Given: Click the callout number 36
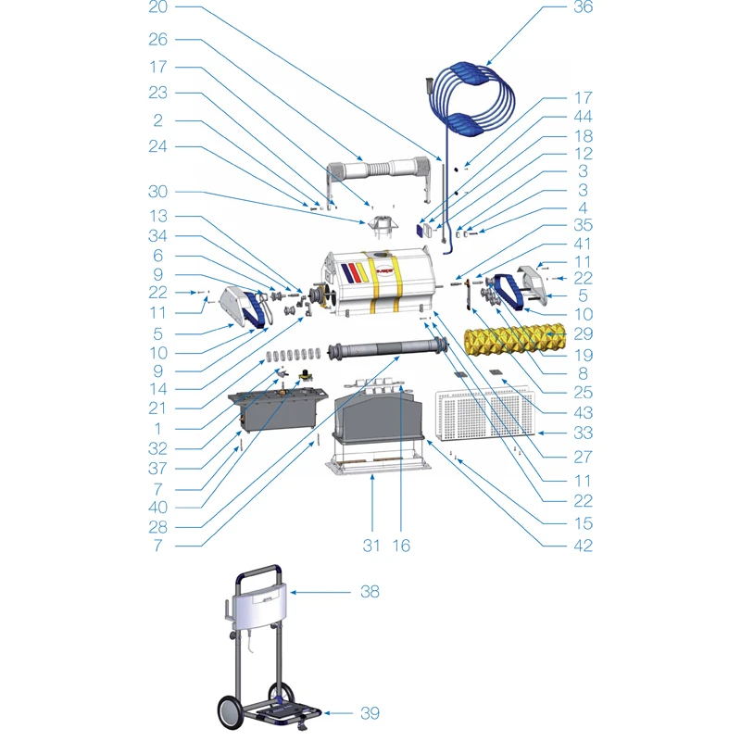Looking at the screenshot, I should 583,7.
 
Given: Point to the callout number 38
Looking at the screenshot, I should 370,591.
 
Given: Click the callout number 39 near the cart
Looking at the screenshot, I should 370,713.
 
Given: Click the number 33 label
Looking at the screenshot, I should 583,433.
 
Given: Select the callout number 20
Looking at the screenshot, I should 157,7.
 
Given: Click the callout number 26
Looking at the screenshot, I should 157,40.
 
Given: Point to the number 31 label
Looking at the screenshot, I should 371,546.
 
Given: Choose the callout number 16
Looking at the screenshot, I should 401,546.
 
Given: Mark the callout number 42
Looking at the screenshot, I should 583,546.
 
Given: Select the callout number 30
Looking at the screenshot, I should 157,192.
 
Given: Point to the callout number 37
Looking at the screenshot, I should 157,469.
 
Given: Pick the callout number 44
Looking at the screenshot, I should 583,118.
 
